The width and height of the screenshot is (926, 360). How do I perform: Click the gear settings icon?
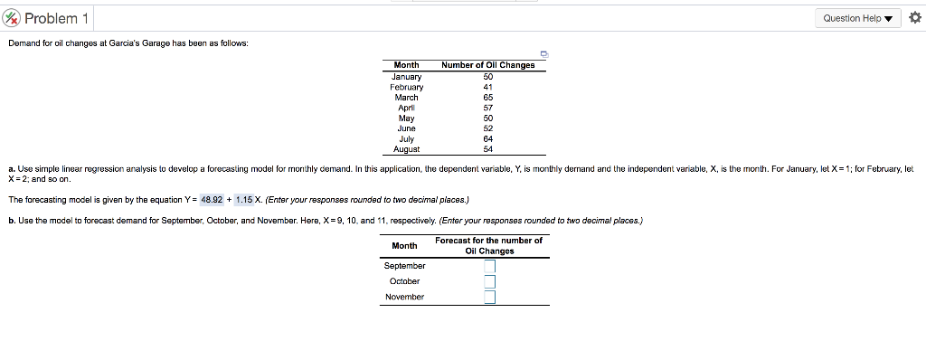coord(913,18)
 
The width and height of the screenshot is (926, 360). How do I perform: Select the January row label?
coord(406,76)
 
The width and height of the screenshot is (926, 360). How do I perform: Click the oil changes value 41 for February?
coord(488,87)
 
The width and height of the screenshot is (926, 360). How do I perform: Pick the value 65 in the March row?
coord(488,97)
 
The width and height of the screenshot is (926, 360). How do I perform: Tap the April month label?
coord(406,108)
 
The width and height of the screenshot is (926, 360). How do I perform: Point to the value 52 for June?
coord(488,128)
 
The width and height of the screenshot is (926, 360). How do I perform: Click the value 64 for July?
coord(488,139)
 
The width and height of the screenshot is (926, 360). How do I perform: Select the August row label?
coord(406,149)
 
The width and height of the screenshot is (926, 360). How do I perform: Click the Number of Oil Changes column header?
coord(488,64)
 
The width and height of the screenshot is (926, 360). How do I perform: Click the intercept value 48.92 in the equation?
coord(212,200)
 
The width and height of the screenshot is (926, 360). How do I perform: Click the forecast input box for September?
coord(489,266)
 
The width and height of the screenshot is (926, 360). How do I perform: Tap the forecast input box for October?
coord(489,281)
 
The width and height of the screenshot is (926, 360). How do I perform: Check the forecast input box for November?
coord(489,297)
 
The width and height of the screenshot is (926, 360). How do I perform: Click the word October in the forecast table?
coord(404,281)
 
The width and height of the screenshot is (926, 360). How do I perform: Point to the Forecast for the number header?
coord(488,241)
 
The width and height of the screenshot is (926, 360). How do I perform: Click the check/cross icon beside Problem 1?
coord(12,18)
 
